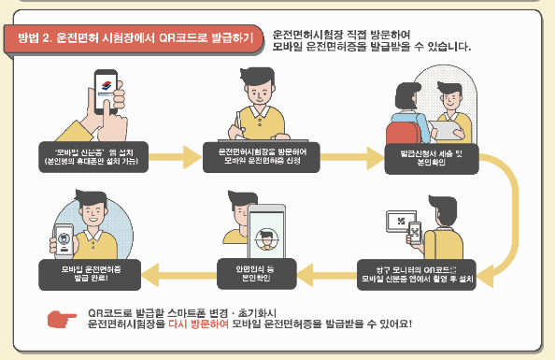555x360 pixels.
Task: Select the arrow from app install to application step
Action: [177, 154]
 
